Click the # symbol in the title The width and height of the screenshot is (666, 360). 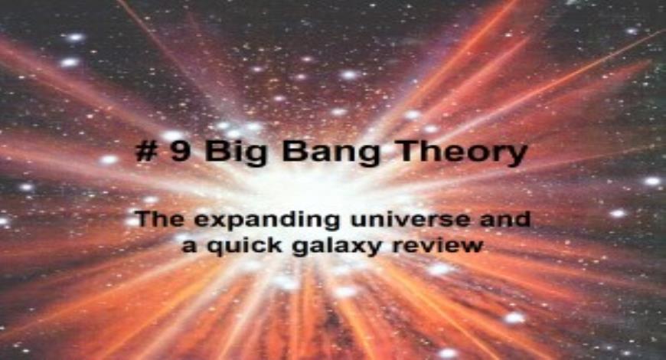point(145,151)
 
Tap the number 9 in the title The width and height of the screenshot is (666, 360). point(178,151)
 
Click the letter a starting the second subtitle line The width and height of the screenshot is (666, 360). point(188,246)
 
